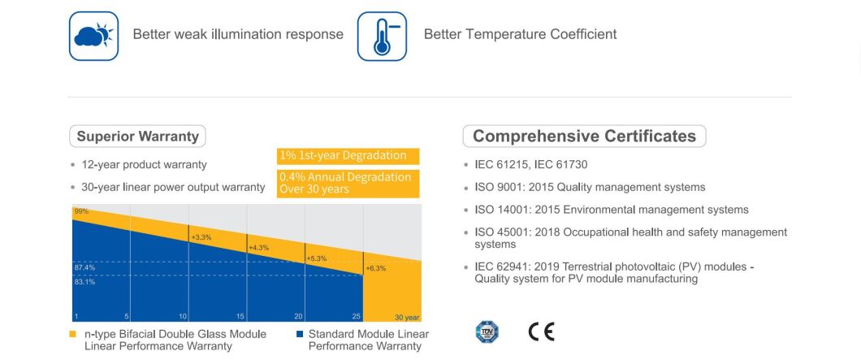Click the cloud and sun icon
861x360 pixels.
click(x=93, y=36)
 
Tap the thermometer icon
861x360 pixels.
click(x=382, y=36)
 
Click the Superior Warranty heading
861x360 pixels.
click(x=137, y=137)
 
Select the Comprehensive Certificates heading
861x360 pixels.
click(x=584, y=137)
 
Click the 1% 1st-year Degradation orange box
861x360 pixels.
click(x=348, y=156)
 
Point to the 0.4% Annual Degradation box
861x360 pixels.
click(x=348, y=183)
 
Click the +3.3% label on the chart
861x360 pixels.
click(x=201, y=236)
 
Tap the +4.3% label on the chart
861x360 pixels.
click(x=258, y=247)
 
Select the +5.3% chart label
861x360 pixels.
click(x=316, y=258)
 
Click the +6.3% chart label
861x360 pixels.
click(x=375, y=268)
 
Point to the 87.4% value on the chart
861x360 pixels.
click(x=84, y=267)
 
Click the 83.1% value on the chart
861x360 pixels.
click(x=84, y=282)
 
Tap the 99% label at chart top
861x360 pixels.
click(x=80, y=211)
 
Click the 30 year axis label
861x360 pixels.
click(x=407, y=317)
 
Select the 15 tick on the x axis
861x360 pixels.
click(x=240, y=316)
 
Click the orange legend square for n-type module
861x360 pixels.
click(x=73, y=334)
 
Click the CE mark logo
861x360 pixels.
click(x=541, y=332)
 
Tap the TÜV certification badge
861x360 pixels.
click(x=487, y=332)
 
